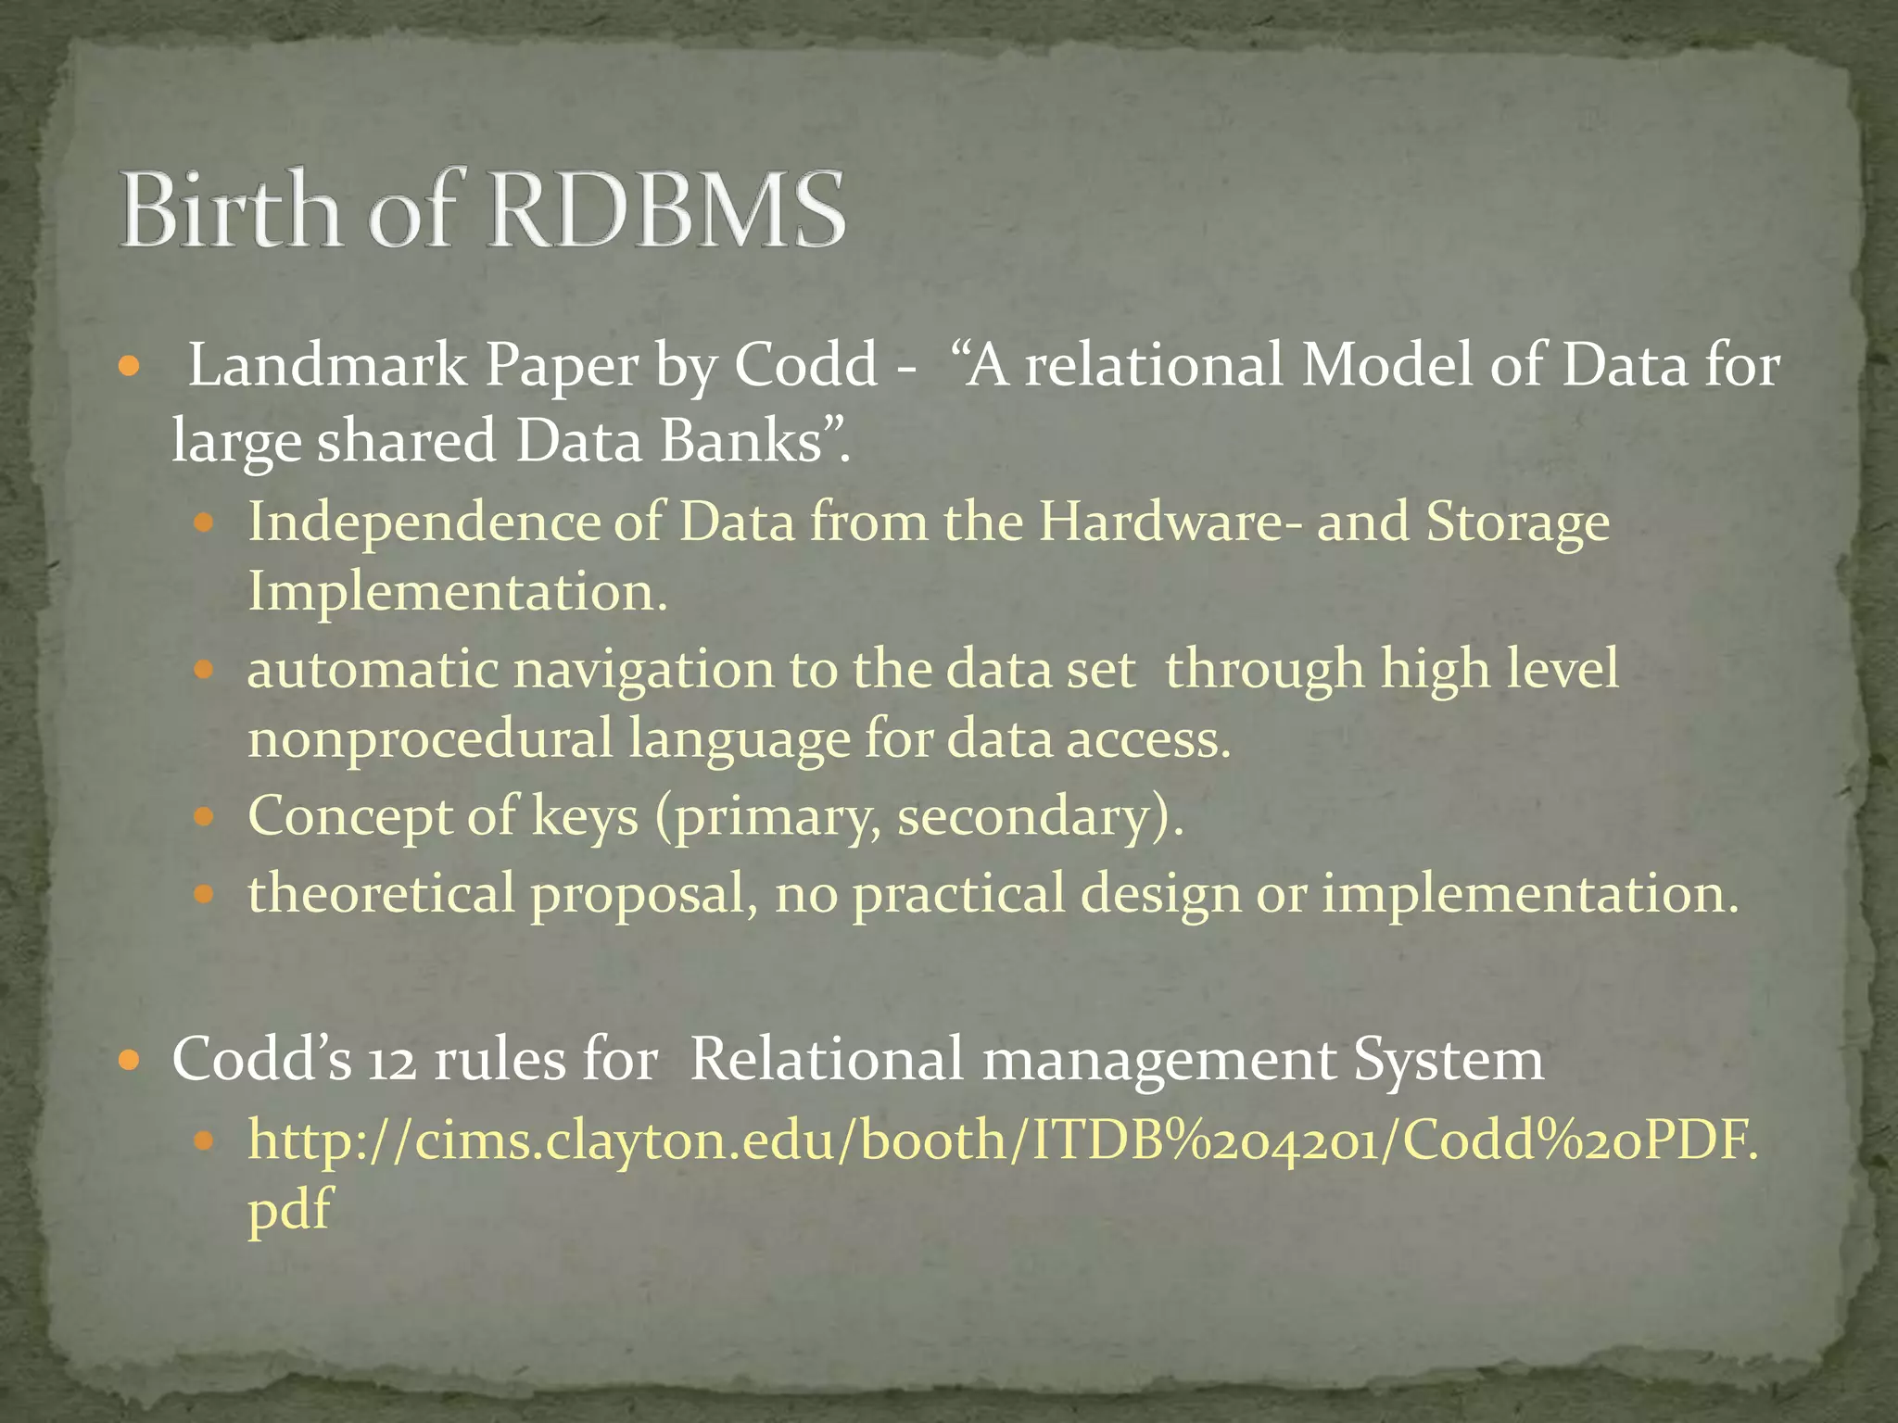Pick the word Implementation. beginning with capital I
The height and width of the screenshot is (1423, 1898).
(x=457, y=593)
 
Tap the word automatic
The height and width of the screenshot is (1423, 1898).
(x=372, y=669)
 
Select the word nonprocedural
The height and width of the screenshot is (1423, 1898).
(x=430, y=739)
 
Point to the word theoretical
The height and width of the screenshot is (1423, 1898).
(x=381, y=894)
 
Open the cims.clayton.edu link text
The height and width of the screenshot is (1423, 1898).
(x=1002, y=1140)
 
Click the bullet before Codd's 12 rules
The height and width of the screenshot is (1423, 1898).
(x=130, y=1058)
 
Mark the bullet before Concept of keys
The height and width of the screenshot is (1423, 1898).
(x=205, y=816)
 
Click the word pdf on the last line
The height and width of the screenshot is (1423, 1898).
(x=288, y=1210)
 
